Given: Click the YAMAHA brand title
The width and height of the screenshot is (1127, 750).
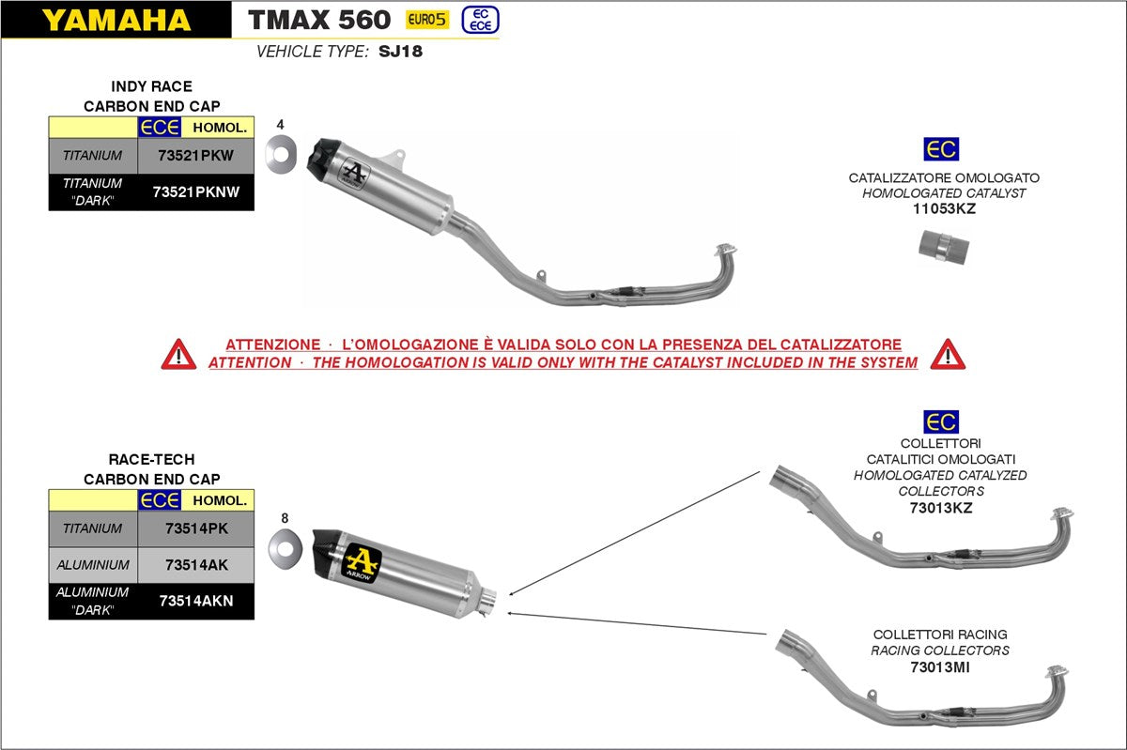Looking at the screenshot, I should (116, 20).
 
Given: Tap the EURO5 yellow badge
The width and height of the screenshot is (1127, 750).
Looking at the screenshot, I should (426, 19).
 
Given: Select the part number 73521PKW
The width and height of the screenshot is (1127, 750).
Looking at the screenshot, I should (195, 155).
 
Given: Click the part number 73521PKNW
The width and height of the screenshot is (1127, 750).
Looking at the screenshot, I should (195, 191).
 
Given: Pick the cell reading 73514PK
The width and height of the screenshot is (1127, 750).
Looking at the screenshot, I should (195, 528).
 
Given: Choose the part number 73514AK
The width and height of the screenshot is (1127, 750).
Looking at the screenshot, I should (195, 565).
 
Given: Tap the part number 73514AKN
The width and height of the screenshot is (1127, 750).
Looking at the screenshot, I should (195, 601).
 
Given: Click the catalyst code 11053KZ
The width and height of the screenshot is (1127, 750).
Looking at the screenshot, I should (944, 209).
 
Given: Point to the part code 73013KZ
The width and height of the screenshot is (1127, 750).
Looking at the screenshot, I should (940, 508).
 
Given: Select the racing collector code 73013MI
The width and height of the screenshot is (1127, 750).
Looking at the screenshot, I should (939, 667).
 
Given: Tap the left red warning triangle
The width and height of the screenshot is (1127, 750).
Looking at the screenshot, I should (178, 354).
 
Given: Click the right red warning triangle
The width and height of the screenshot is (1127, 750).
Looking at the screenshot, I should (948, 354).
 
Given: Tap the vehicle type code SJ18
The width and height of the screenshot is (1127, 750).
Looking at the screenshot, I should (400, 52).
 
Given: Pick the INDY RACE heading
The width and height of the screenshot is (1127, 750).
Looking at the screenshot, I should (151, 86).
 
